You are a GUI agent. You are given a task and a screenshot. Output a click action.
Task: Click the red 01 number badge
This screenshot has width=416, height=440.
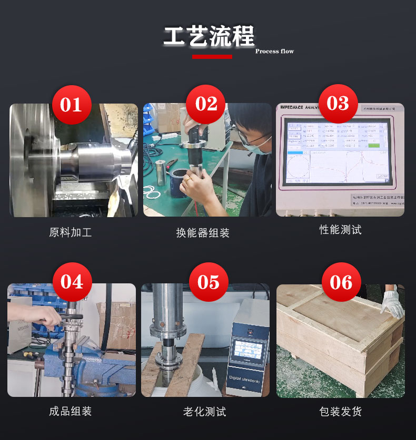click(72, 105)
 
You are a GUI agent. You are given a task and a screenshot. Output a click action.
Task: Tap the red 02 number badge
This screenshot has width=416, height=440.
click(206, 104)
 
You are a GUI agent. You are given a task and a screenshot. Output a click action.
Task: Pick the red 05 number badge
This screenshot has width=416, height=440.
click(209, 282)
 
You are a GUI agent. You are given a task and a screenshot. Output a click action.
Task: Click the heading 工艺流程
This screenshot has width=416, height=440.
click(209, 36)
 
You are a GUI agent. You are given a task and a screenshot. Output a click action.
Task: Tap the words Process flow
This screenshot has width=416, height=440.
click(274, 52)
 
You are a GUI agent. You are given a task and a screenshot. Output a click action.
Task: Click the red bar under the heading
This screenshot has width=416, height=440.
click(212, 56)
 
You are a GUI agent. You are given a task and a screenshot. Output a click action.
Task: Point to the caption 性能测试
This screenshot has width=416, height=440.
click(340, 230)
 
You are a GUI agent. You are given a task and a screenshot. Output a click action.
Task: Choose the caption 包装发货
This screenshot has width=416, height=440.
click(340, 411)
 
